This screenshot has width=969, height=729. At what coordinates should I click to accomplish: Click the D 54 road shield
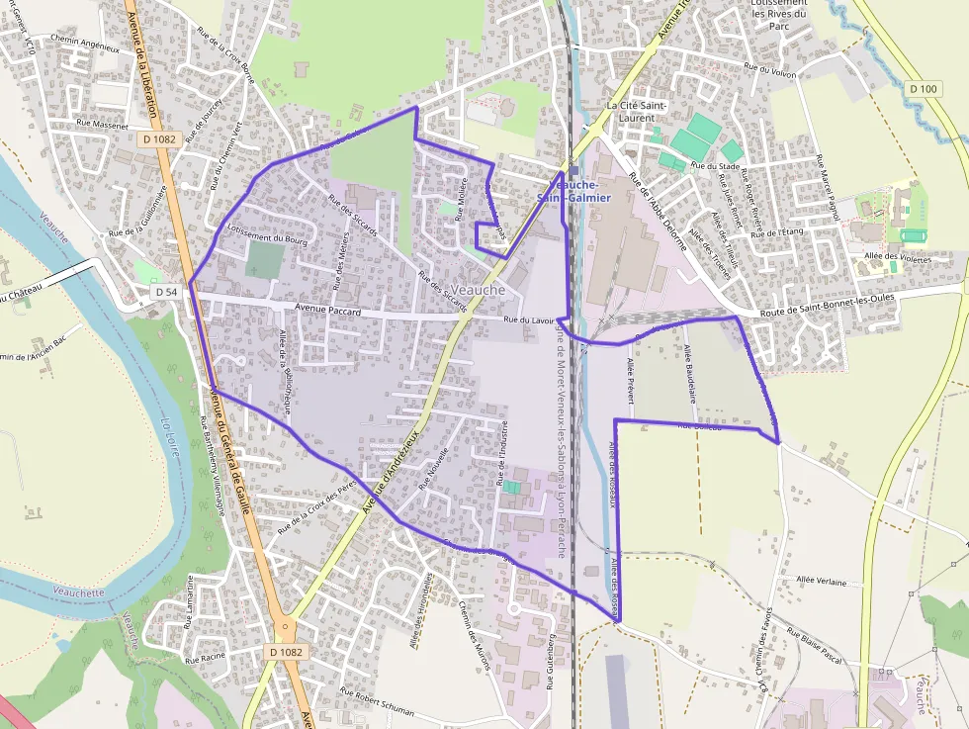(x=166, y=292)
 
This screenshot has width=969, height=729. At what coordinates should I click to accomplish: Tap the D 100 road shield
(x=923, y=89)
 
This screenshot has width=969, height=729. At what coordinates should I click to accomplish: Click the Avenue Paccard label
(x=322, y=312)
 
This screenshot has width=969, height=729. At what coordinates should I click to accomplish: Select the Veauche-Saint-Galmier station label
(x=573, y=191)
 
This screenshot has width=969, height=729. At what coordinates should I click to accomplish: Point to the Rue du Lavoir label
(x=529, y=320)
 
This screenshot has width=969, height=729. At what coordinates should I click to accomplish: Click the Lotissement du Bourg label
(x=268, y=237)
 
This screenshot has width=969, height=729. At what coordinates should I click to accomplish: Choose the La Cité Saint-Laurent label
(x=638, y=112)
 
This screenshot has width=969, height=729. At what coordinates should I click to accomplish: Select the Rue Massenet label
(x=102, y=126)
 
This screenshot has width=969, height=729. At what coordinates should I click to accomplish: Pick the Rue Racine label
(x=206, y=658)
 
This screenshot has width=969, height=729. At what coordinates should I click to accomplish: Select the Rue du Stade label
(x=716, y=166)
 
